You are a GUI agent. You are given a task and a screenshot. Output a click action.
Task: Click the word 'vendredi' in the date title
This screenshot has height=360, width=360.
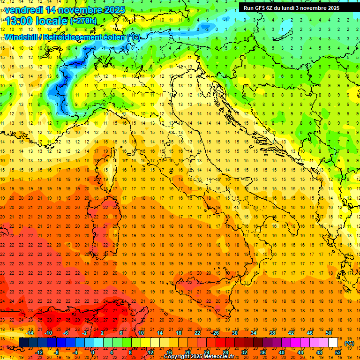click(x=23, y=10)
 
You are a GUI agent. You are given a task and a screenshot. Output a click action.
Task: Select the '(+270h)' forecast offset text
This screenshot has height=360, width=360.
click(x=83, y=21)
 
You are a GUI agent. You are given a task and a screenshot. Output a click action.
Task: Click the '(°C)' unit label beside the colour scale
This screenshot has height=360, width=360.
click(x=349, y=343)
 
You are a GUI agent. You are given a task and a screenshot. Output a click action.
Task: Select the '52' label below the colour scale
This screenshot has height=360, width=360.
click(x=338, y=352)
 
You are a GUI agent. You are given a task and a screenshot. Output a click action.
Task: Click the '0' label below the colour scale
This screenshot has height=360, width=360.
click(x=93, y=352)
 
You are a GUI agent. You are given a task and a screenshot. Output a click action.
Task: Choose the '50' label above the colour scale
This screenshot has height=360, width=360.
click(x=329, y=333)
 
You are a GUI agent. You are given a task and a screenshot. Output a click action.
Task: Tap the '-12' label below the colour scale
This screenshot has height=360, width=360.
click(x=39, y=352)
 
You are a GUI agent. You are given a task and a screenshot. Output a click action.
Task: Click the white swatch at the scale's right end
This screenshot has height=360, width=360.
click(x=333, y=343)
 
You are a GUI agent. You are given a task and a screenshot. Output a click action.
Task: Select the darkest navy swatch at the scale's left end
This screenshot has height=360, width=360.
click(x=23, y=343)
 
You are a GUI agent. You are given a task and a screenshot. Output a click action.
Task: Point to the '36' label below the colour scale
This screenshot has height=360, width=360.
click(x=262, y=352)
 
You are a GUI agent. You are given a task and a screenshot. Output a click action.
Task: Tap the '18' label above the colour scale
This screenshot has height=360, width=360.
click(x=178, y=333)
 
